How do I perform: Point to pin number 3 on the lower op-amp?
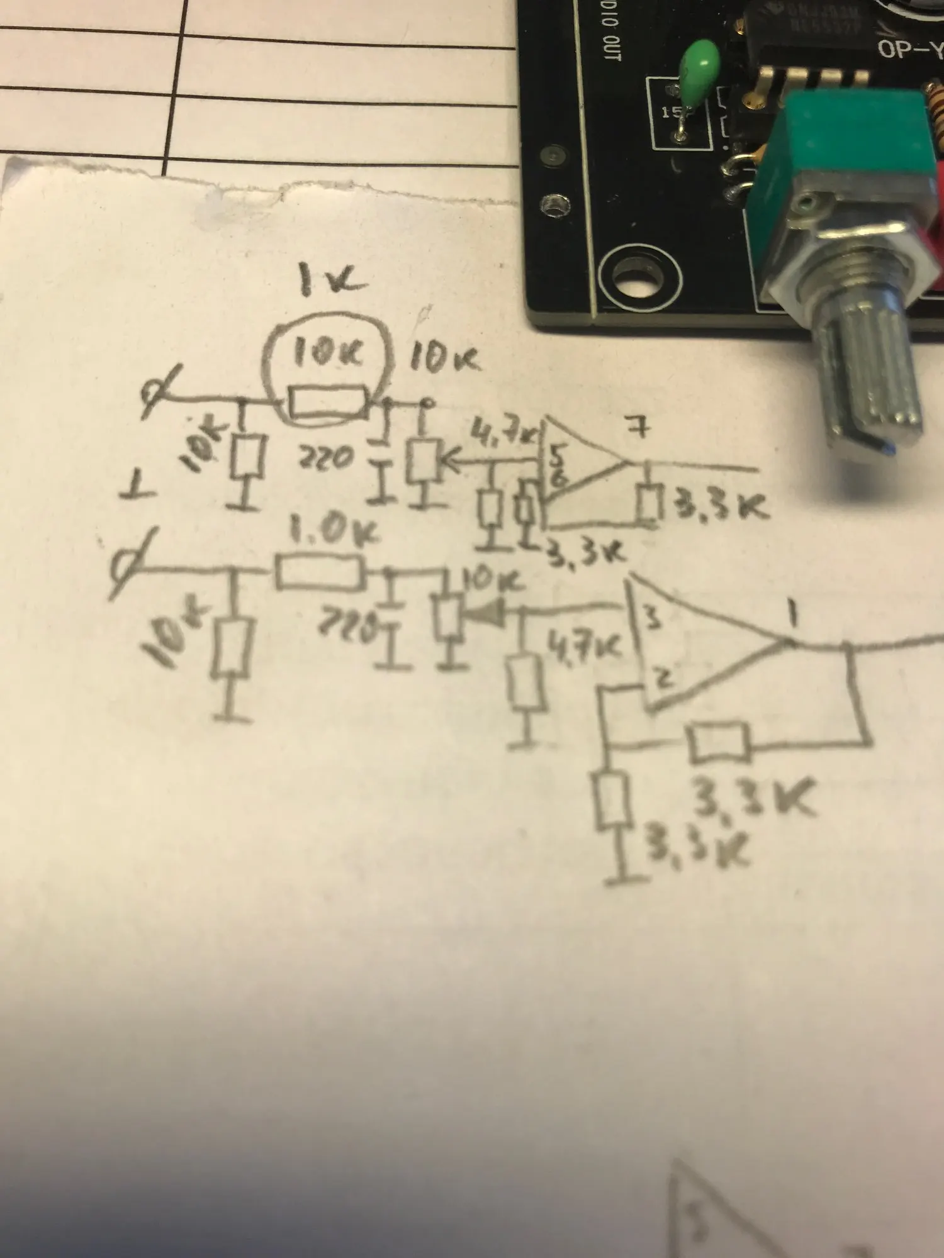(654, 620)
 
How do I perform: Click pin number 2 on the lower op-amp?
(664, 678)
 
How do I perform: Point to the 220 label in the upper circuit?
(325, 458)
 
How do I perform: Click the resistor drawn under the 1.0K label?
(319, 573)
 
